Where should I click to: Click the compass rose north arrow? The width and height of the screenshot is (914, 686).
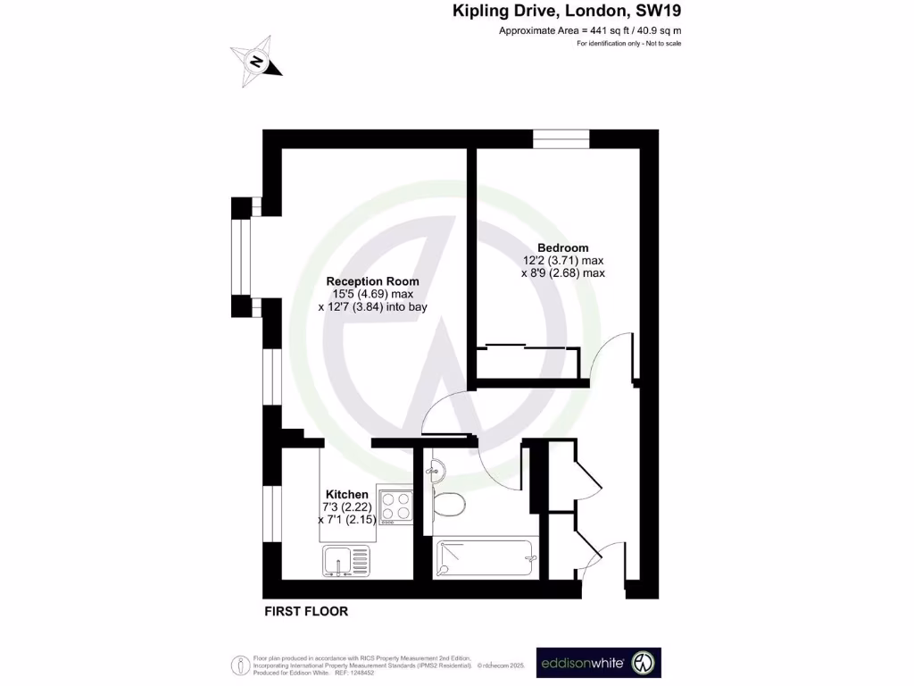pos(256,62)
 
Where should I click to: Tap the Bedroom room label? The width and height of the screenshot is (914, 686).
pos(562,247)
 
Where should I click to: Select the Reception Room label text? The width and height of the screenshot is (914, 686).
pos(372,281)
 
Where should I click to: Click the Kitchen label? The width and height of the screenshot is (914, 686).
pos(346,494)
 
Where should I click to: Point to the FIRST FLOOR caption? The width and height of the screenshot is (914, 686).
pos(306,612)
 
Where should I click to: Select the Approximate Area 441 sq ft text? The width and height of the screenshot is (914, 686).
pos(589,31)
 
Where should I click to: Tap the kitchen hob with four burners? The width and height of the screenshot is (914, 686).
pos(396,506)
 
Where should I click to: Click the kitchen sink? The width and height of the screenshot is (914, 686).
pos(345,561)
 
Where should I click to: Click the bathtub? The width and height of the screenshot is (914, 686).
pos(485,559)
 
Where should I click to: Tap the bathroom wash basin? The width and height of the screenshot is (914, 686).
pos(434,468)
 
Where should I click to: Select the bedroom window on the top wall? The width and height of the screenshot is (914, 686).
pos(561,138)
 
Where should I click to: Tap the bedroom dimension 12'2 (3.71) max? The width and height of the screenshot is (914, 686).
pos(563,261)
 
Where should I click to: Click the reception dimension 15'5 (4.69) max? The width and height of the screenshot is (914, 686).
pos(372,294)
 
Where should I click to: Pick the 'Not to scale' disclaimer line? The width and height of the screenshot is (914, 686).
pos(629,44)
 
